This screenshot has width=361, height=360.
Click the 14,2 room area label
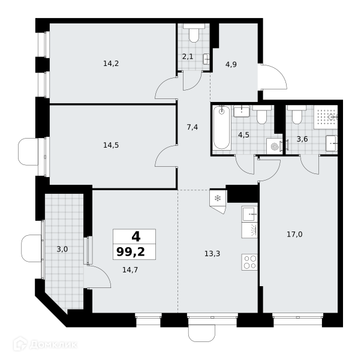tap(111, 64)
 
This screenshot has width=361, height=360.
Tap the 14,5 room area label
tap(111, 145)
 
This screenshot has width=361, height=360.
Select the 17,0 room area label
tap(294, 235)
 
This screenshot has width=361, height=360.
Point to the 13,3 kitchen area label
tap(212, 254)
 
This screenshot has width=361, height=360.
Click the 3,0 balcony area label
tap(62, 249)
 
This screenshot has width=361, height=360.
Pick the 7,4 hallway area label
tap(192, 127)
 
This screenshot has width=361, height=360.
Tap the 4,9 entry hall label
tap(231, 64)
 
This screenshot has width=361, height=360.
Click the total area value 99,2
tap(131, 251)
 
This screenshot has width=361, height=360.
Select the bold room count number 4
tap(136, 236)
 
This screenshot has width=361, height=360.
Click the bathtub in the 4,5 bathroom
tap(222, 127)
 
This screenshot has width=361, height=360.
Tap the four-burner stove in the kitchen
tap(249, 262)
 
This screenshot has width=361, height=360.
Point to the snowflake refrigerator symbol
tap(218, 198)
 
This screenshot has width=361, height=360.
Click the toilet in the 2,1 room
tap(194, 33)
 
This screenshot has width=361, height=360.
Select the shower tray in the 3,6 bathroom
tap(326, 117)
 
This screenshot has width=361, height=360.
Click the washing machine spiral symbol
tap(275, 146)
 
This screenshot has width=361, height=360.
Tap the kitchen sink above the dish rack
tap(249, 214)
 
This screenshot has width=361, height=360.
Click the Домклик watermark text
tap(53, 344)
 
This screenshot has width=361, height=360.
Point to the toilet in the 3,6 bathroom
tap(296, 115)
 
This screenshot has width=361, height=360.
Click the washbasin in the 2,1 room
tap(206, 59)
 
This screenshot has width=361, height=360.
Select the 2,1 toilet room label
tap(188, 56)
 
